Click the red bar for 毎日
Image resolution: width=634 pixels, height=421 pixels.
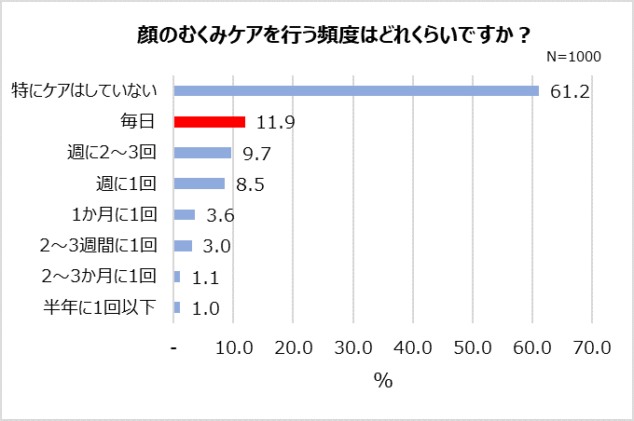tap(210, 122)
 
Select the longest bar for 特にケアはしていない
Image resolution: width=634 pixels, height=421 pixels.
tap(356, 90)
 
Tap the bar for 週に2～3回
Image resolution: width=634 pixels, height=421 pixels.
tap(203, 153)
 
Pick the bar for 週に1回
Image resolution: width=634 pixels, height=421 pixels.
tap(200, 183)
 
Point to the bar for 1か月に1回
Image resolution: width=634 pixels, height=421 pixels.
tap(185, 215)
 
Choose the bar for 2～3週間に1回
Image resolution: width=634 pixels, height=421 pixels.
tap(183, 246)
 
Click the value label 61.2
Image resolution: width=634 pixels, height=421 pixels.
tap(570, 91)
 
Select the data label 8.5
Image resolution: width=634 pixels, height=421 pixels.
tap(250, 184)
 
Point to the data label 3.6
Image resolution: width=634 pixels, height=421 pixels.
tap(219, 216)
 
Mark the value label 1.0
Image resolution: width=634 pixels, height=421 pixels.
tap(205, 308)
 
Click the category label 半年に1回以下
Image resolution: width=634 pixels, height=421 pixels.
tap(100, 307)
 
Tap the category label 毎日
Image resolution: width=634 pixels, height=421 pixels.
tap(137, 122)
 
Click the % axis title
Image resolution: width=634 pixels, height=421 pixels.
tap(382, 381)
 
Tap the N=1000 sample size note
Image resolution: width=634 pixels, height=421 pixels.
tap(572, 57)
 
